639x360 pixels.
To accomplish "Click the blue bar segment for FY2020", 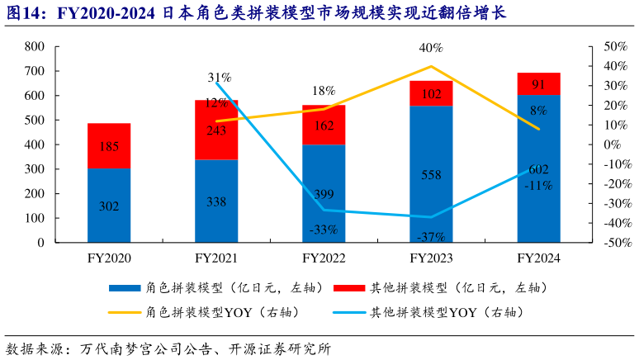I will click(x=108, y=206).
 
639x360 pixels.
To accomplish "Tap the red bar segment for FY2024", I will click(x=538, y=84).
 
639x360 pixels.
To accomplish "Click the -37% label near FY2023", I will click(x=431, y=237).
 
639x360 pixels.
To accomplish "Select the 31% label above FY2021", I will click(x=219, y=78).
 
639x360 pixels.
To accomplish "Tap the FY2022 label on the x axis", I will click(x=323, y=258).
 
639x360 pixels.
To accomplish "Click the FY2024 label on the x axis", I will click(x=538, y=258).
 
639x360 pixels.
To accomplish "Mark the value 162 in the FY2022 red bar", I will click(x=324, y=126).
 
